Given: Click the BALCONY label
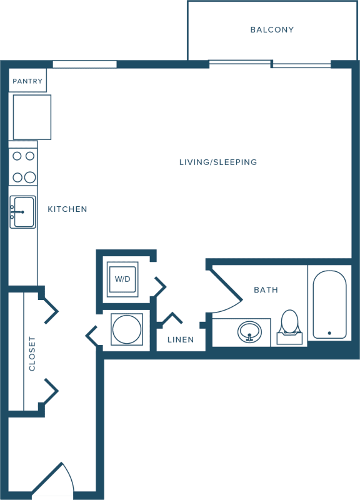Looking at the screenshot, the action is [x=272, y=29].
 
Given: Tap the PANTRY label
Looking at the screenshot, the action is [x=27, y=81].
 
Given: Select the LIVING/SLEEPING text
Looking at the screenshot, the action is [x=218, y=162].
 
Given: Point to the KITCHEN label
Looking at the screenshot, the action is [x=67, y=209].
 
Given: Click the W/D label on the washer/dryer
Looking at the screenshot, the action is [x=122, y=279].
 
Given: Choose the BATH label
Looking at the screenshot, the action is [x=266, y=290].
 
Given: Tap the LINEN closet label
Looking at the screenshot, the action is [x=181, y=339].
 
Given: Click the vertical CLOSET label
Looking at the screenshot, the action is [x=32, y=354].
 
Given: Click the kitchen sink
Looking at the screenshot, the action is [x=22, y=212].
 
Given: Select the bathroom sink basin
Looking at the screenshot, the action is [x=249, y=332].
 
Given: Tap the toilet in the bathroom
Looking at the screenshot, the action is [x=289, y=327].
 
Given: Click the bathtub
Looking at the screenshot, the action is [x=329, y=304].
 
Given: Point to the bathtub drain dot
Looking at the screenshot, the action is [x=329, y=333].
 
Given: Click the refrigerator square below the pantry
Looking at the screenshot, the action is [x=32, y=117].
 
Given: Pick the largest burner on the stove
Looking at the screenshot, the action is [x=30, y=177].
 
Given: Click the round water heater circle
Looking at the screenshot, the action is [x=127, y=329].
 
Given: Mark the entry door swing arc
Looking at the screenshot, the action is [x=69, y=475].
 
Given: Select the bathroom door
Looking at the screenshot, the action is [x=225, y=284].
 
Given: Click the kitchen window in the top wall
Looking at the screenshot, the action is [x=84, y=64].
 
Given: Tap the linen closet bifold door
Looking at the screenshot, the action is [x=171, y=319].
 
